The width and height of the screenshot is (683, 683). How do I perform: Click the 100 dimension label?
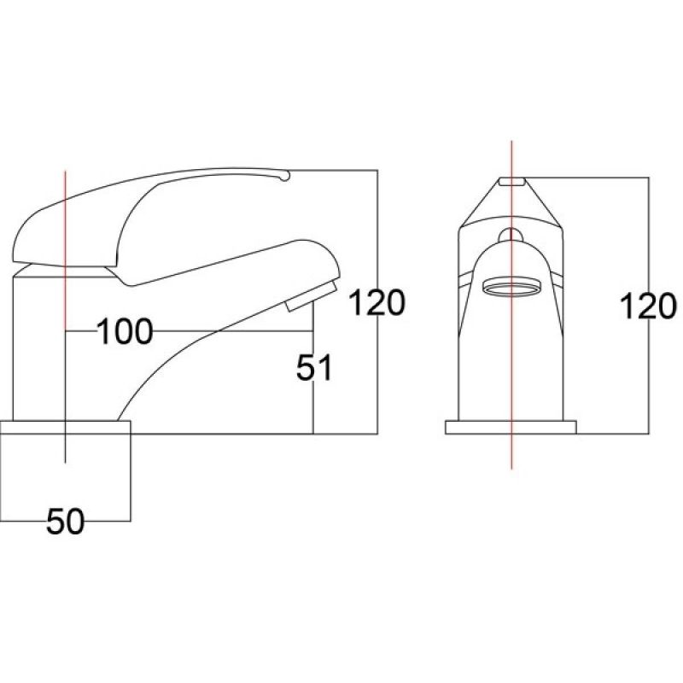point(125,331)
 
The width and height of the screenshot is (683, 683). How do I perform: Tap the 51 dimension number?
point(313,368)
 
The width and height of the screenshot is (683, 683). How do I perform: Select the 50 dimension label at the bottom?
point(66,522)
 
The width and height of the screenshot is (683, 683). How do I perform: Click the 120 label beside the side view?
point(377,303)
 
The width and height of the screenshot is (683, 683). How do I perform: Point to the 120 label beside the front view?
point(648,306)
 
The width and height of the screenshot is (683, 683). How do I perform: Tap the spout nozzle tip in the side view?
point(312,295)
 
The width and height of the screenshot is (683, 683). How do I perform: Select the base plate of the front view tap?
point(511,428)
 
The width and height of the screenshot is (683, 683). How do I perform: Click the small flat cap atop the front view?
point(512,181)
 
